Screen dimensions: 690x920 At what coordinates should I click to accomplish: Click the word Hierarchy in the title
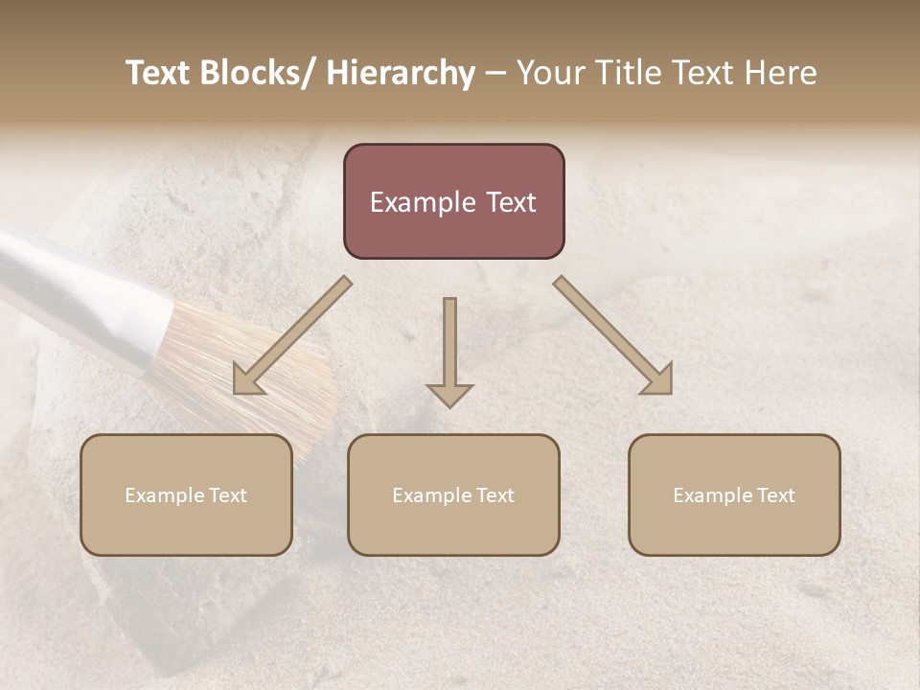click(401, 73)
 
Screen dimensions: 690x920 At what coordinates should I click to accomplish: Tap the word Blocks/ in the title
click(260, 73)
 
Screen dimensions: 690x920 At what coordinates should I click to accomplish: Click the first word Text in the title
click(160, 73)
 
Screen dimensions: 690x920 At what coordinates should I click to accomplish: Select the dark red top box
click(453, 201)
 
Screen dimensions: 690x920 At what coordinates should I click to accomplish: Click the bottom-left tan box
click(186, 494)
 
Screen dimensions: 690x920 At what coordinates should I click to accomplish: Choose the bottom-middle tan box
click(453, 494)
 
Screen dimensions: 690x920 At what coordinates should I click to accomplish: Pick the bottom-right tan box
click(734, 494)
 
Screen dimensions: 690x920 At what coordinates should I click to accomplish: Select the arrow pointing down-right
click(614, 336)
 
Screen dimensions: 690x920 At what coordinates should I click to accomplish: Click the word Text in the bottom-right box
click(774, 495)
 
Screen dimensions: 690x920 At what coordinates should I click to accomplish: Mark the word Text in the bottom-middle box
click(494, 495)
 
